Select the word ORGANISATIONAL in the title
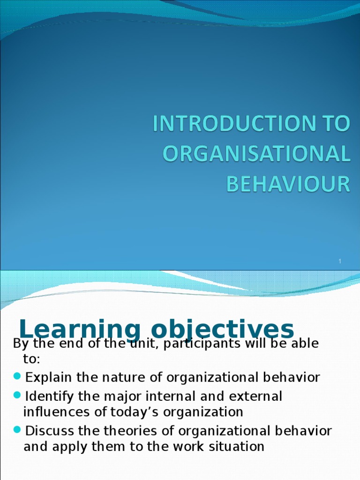[x=256, y=154]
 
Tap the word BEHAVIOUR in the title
[x=288, y=184]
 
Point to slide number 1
[x=341, y=261]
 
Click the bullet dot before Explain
[x=17, y=376]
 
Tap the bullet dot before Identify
[x=17, y=396]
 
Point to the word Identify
[x=50, y=397]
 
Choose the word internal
[x=172, y=397]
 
